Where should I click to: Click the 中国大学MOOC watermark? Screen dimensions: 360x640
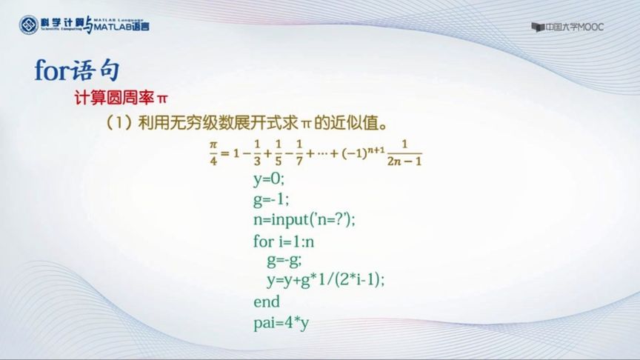[568, 27]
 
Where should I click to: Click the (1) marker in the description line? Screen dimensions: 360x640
[119, 120]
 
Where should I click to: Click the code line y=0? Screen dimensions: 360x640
[268, 179]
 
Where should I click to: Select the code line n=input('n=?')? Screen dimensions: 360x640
[304, 220]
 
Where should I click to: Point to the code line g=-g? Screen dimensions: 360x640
[284, 261]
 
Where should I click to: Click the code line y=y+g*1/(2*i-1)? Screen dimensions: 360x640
[327, 281]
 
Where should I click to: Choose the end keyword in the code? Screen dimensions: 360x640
[267, 301]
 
